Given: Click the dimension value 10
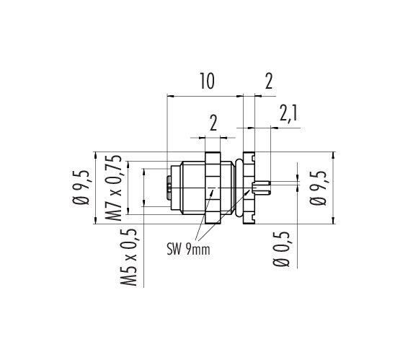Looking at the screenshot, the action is click(207, 81).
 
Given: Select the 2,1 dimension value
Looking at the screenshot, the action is click(288, 113).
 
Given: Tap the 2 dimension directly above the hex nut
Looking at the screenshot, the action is click(213, 123).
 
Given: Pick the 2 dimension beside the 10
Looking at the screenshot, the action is click(269, 81).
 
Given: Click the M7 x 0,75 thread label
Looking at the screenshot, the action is click(113, 188).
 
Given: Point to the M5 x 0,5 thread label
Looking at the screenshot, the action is click(128, 257).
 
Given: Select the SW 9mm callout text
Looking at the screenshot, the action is click(188, 250).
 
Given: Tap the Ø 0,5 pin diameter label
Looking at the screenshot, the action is click(281, 249).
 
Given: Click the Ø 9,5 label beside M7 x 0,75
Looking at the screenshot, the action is click(81, 188).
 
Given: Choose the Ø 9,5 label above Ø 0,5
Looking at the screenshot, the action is click(317, 188).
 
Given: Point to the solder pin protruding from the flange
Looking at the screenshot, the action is click(262, 188).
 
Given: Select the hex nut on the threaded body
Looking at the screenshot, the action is click(213, 188).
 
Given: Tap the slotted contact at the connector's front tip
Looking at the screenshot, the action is click(169, 188).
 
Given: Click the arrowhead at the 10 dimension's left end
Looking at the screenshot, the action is click(170, 96).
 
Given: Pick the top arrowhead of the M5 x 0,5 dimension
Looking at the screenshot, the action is click(143, 172).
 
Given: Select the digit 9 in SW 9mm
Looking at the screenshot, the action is click(189, 250).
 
